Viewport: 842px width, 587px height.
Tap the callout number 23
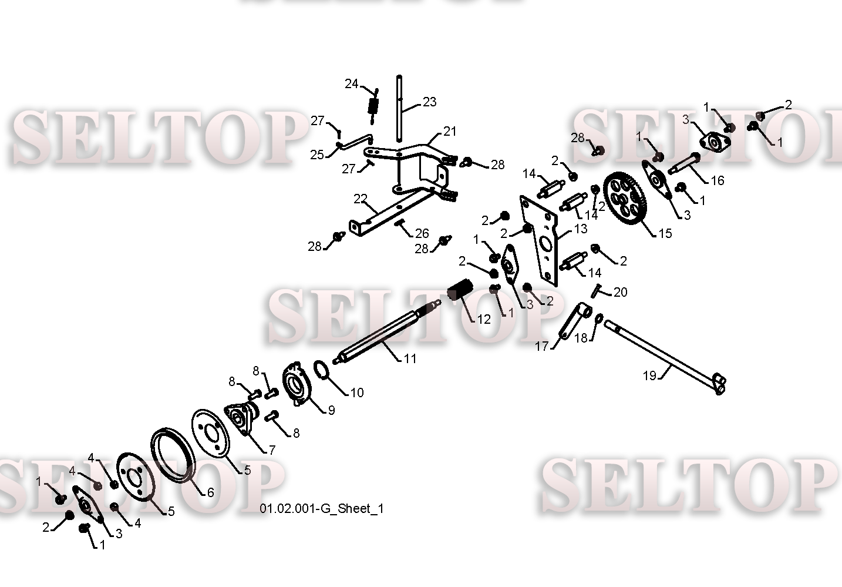[x=430, y=102]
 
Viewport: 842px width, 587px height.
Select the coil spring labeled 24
[x=373, y=106]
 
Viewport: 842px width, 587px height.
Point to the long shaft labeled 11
[x=387, y=331]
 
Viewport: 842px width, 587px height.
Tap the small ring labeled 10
[x=321, y=370]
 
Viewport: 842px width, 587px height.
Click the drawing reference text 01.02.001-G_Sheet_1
[x=322, y=509]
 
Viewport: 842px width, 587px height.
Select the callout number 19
[x=649, y=375]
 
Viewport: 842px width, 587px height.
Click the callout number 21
[x=450, y=131]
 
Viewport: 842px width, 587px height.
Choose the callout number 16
[x=718, y=180]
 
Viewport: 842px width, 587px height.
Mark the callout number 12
[x=484, y=319]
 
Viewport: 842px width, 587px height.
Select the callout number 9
[x=331, y=410]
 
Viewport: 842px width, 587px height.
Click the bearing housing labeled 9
[x=297, y=384]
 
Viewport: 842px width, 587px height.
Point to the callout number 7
[x=272, y=450]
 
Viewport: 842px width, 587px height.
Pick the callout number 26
[x=422, y=233]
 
